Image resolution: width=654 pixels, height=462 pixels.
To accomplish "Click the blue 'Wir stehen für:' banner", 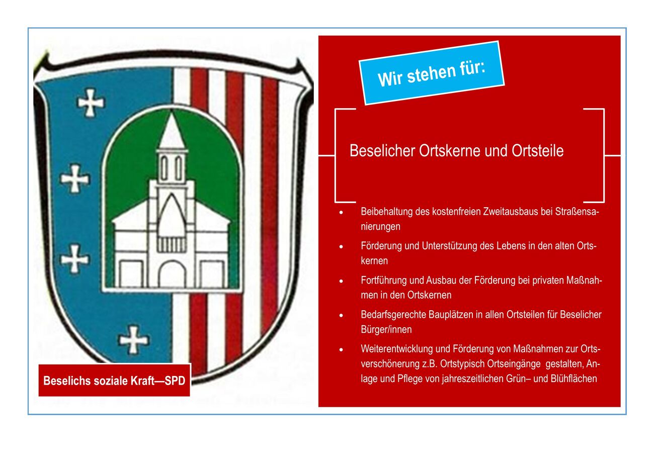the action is tap(432, 73).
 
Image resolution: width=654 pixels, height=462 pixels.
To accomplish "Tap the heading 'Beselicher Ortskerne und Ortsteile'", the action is tap(456, 151).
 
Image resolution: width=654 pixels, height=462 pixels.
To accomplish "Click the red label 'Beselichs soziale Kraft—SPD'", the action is tap(114, 381).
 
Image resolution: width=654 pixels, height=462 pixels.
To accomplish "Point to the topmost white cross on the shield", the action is tap(91, 103).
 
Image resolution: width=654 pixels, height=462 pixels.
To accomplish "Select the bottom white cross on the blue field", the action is tap(133, 339).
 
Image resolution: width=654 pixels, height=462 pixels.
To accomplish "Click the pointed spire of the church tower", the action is tap(172, 131).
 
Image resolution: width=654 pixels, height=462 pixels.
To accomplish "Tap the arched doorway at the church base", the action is tap(172, 274).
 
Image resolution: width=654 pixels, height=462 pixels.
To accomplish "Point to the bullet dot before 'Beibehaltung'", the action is tap(341, 212).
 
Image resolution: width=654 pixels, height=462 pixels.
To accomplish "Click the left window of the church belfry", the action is tap(165, 168).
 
